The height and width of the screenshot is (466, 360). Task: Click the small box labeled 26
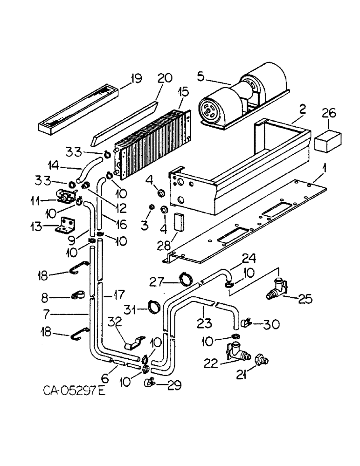coord(328,140)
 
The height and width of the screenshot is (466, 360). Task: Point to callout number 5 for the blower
coord(201,76)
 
